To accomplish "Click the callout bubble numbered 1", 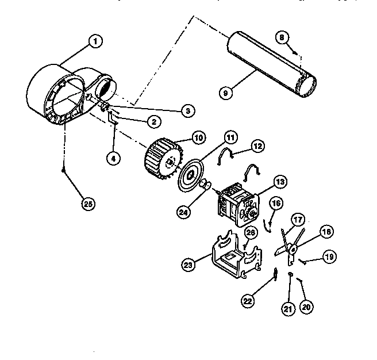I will [96, 41].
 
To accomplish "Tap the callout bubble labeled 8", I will [282, 38].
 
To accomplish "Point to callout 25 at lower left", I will [87, 204].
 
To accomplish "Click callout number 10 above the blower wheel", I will [182, 139].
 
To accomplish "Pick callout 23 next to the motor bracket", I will [188, 264].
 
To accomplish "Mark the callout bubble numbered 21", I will [288, 308].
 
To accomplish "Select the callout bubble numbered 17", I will [297, 219].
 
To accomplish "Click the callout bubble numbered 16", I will [276, 202].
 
